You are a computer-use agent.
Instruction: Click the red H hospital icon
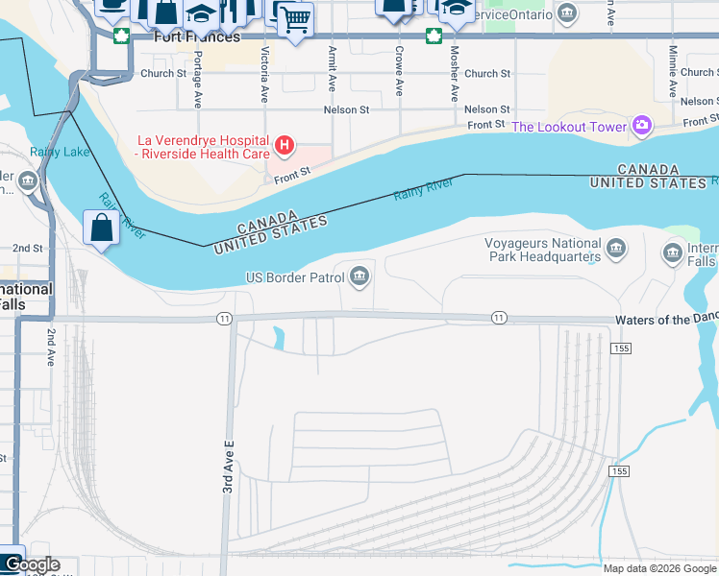click(285, 145)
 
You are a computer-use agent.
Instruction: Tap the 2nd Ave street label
click(51, 346)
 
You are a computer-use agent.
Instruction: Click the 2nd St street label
click(28, 248)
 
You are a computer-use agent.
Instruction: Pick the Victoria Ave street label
click(263, 74)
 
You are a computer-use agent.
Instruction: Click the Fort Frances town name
click(196, 37)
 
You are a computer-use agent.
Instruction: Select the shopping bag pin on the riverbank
click(102, 228)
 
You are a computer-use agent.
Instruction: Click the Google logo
click(32, 565)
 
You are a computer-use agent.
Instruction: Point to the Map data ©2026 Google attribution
click(659, 568)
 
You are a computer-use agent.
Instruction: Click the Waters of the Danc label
click(666, 320)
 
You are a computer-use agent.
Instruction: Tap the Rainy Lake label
click(60, 152)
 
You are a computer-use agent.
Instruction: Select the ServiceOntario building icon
click(566, 14)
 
